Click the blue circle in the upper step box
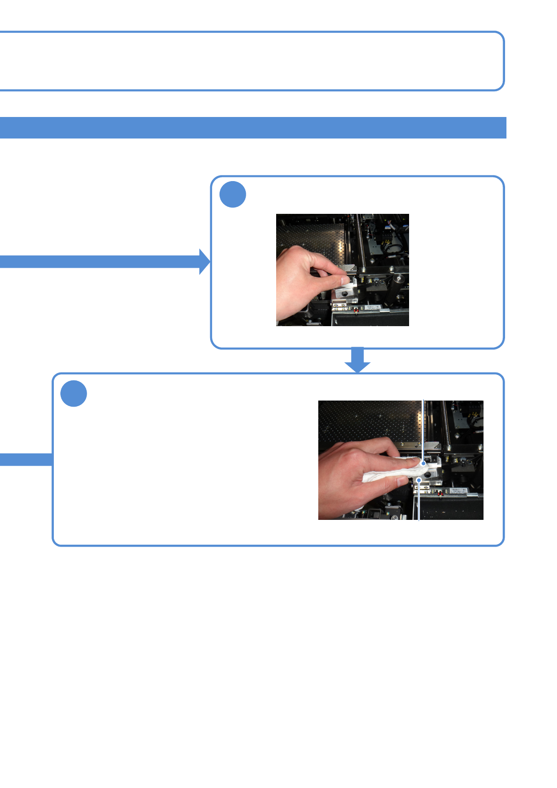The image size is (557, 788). (x=233, y=194)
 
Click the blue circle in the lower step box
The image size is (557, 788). (x=73, y=394)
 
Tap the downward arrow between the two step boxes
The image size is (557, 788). (x=358, y=361)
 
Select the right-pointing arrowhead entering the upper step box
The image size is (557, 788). (x=205, y=262)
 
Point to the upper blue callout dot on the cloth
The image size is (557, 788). (x=424, y=464)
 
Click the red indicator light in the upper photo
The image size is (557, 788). (x=357, y=310)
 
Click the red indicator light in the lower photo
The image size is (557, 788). (x=440, y=493)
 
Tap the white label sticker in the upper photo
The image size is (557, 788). (x=374, y=308)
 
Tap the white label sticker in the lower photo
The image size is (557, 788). (x=458, y=491)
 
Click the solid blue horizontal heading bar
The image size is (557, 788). (x=253, y=128)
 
